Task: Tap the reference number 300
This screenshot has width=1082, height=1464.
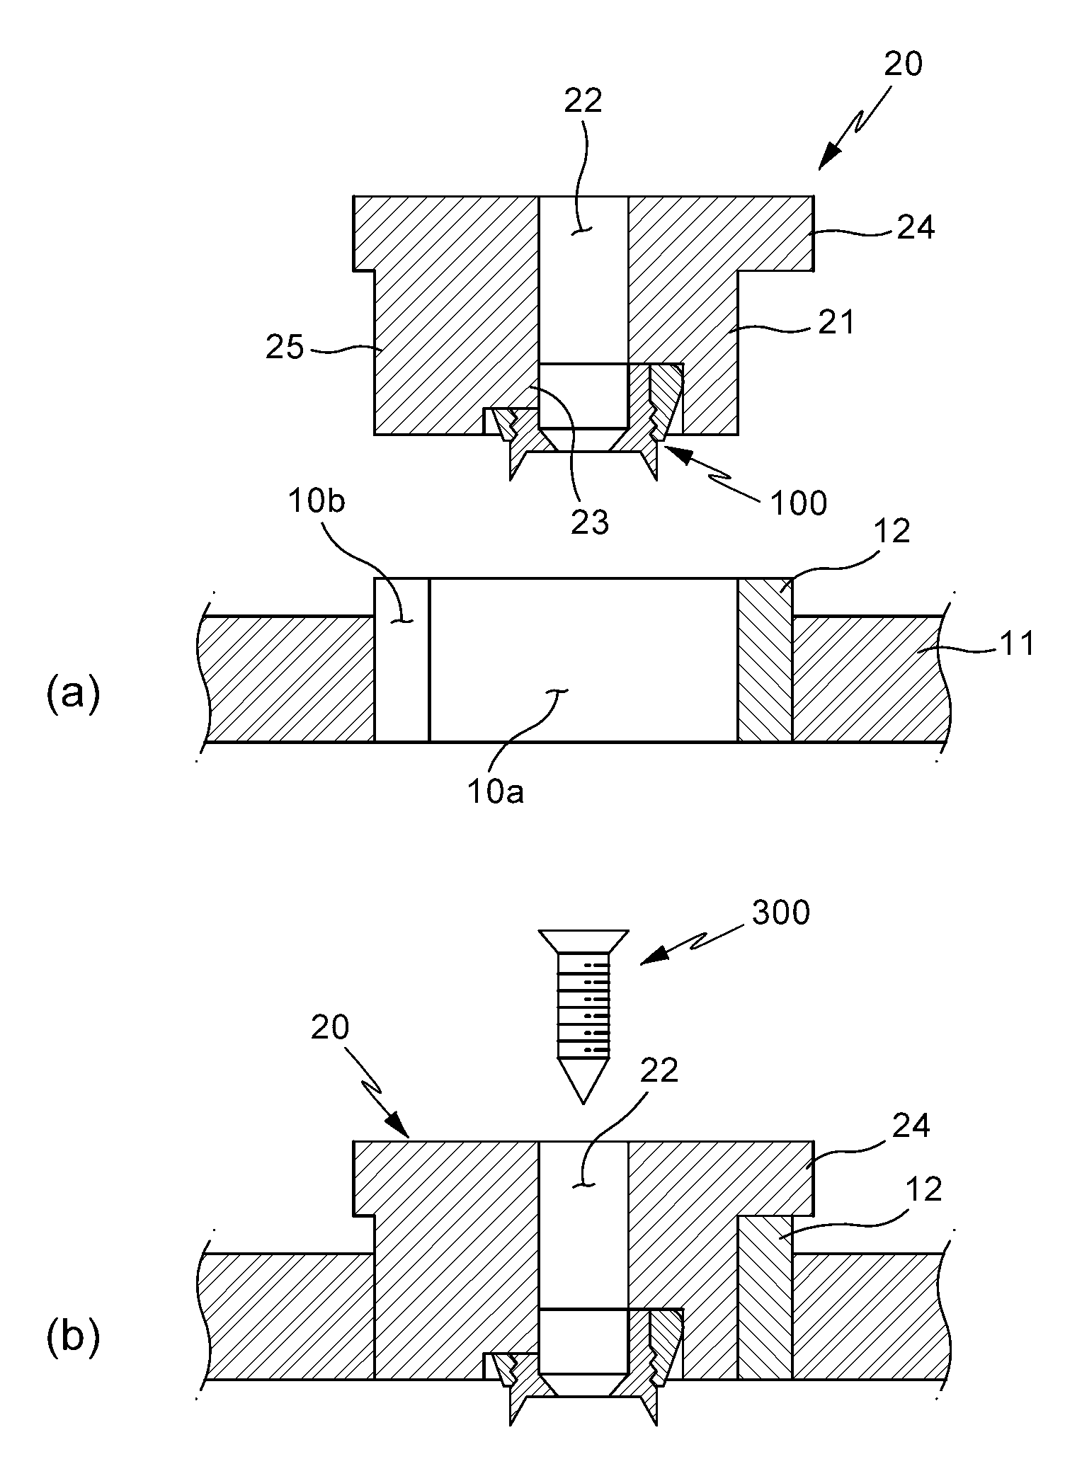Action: pyautogui.click(x=780, y=913)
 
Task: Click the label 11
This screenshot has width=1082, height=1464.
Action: pyautogui.click(x=1015, y=644)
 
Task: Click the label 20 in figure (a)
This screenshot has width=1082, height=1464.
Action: pyautogui.click(x=904, y=64)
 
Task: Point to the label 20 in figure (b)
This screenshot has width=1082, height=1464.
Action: pyautogui.click(x=331, y=1028)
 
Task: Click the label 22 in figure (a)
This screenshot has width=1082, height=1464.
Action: pyautogui.click(x=583, y=101)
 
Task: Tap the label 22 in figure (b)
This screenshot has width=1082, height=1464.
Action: pyautogui.click(x=659, y=1070)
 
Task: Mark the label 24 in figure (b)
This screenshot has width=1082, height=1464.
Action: pyautogui.click(x=911, y=1125)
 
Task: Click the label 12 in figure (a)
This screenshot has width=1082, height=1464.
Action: pyautogui.click(x=892, y=531)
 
